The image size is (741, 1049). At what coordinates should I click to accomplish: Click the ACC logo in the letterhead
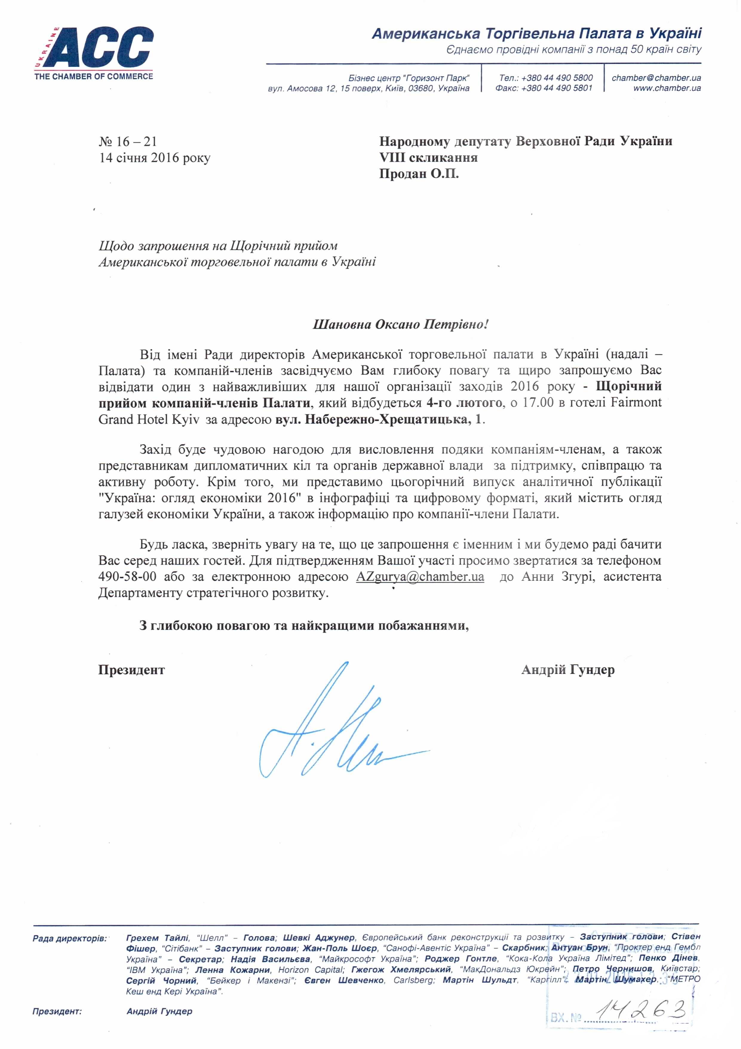[x=93, y=53]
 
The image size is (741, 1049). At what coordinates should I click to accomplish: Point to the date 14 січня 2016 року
[x=155, y=158]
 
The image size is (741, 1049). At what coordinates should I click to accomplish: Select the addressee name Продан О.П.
[x=419, y=174]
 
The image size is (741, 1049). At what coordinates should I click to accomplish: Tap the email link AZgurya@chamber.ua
[x=420, y=577]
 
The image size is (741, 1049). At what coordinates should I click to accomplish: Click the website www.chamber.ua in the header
[x=667, y=88]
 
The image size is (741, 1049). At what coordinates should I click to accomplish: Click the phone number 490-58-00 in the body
[x=127, y=577]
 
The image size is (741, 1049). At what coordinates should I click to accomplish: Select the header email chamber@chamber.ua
[x=656, y=78]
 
